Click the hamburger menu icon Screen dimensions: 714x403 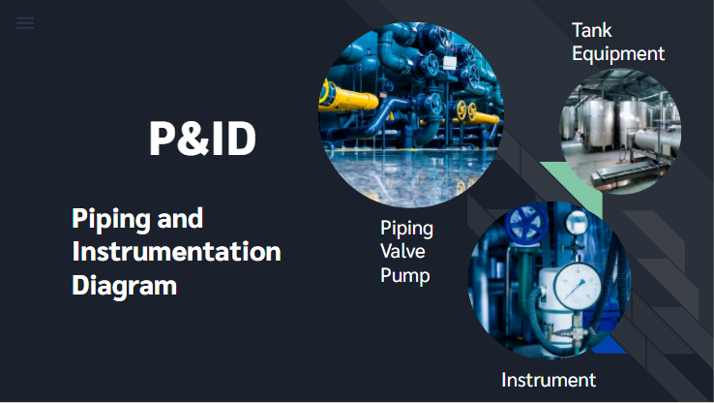click(x=25, y=23)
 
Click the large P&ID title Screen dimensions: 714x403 click(x=202, y=139)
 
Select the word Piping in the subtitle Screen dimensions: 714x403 click(x=109, y=220)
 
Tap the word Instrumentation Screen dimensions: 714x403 click(x=177, y=251)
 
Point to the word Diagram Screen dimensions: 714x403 click(x=124, y=287)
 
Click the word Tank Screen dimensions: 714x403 click(x=591, y=31)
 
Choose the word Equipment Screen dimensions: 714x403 click(x=618, y=54)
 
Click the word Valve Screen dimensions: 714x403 click(x=402, y=251)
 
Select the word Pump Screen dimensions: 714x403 click(x=404, y=276)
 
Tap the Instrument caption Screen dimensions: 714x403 click(x=549, y=380)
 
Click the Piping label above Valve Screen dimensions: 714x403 click(x=406, y=229)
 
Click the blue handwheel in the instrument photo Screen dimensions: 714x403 click(x=526, y=223)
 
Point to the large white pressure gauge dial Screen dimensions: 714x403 click(x=577, y=286)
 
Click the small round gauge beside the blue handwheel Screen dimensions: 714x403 click(x=578, y=222)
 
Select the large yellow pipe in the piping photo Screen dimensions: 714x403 click(x=348, y=97)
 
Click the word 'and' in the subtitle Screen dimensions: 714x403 click(x=180, y=218)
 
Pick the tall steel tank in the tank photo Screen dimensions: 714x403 click(x=598, y=124)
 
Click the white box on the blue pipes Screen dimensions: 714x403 click(x=450, y=63)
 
